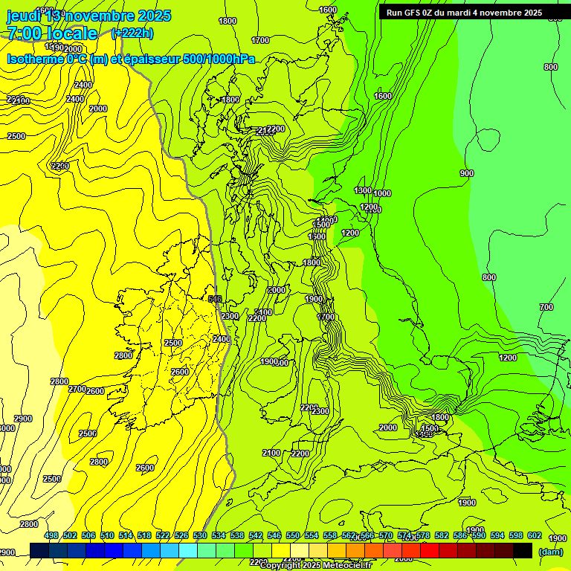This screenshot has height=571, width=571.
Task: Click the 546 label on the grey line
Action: click(215, 299)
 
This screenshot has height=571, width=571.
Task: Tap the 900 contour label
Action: click(466, 173)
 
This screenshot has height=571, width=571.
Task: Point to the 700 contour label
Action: click(546, 307)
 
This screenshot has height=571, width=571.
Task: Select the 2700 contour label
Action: click(77, 389)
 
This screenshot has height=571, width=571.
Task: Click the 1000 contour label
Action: click(382, 193)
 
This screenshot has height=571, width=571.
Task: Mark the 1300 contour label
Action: click(363, 191)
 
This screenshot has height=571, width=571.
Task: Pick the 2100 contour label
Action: click(271, 453)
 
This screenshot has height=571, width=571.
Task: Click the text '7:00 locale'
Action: click(52, 33)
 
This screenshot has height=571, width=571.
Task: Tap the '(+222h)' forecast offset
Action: click(132, 33)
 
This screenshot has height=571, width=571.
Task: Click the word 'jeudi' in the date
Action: click(24, 16)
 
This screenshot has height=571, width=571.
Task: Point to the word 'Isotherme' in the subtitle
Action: click(34, 59)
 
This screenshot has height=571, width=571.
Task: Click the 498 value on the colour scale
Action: click(51, 535)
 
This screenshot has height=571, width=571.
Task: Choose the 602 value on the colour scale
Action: click(535, 535)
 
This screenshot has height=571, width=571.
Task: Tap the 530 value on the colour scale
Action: click(200, 535)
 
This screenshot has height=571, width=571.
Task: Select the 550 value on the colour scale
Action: click(293, 535)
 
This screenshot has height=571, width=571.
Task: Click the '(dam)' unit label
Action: click(550, 551)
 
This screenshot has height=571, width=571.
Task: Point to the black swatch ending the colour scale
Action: click(523, 550)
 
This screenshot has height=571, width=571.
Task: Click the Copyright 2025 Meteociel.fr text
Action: click(316, 565)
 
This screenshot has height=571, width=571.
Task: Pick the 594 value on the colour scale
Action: click(497, 535)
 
